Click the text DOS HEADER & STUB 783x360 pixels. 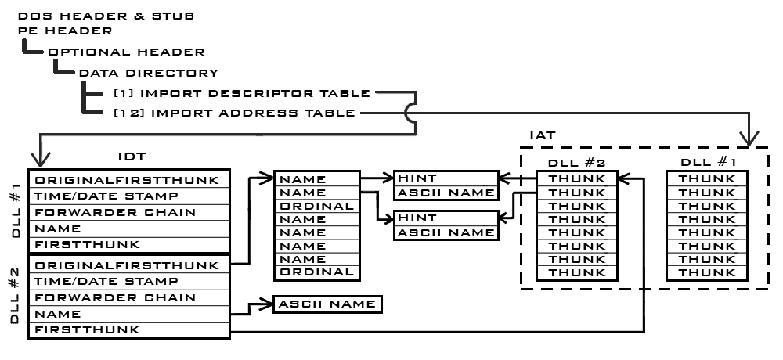tap(106, 16)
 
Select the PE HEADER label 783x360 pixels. tap(65, 31)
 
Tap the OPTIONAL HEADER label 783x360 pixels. tap(126, 52)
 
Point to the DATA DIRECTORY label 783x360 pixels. tap(149, 73)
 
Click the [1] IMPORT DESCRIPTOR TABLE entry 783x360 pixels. tap(241, 93)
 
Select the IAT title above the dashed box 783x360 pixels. tap(542, 136)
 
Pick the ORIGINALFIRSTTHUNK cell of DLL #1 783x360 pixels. tap(126, 179)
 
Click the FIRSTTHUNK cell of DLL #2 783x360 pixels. tap(86, 329)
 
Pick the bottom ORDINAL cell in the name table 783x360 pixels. tap(316, 272)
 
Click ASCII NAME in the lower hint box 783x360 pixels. tap(445, 232)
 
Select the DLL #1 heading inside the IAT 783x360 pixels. tap(706, 162)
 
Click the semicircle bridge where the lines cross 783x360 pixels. tap(409, 113)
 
